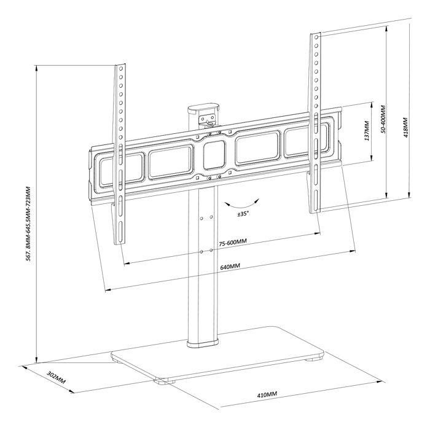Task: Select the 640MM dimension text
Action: pos(230,265)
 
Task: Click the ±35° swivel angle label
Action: pos(243,214)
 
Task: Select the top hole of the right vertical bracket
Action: pos(316,38)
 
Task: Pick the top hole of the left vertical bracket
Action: pos(120,68)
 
